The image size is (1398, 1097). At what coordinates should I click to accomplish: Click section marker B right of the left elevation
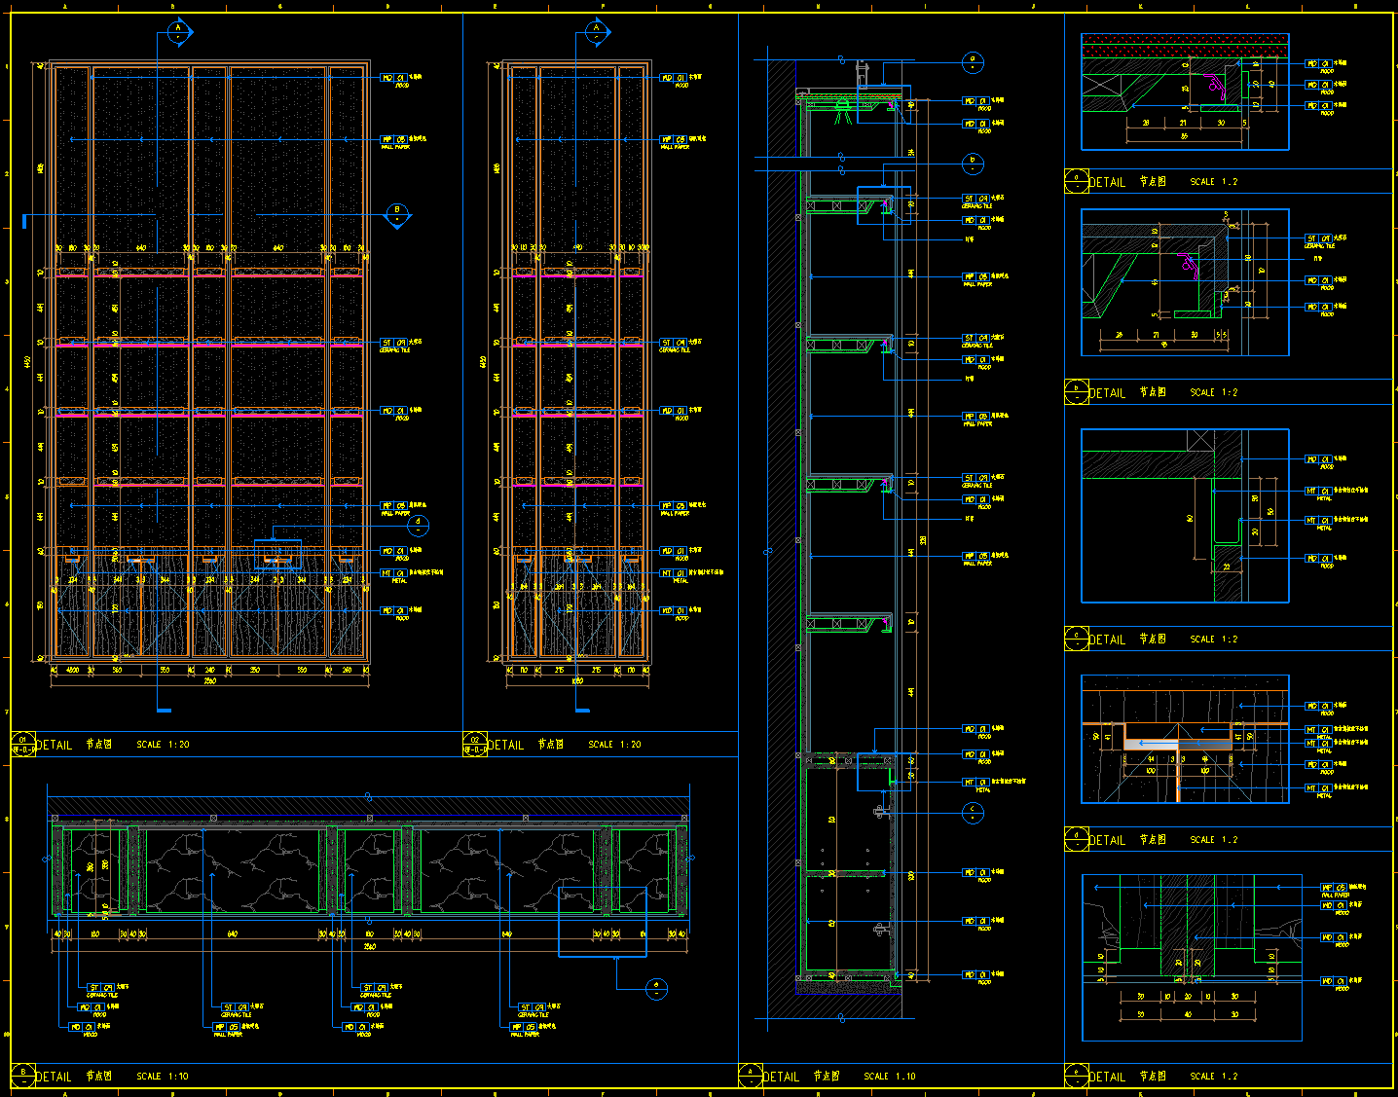[397, 214]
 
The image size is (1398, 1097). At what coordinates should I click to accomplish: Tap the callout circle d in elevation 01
[419, 526]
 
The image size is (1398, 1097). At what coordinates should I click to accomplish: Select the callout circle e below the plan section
[656, 989]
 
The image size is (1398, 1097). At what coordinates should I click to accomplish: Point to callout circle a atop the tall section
[972, 62]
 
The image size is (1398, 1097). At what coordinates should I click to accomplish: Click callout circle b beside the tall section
[972, 163]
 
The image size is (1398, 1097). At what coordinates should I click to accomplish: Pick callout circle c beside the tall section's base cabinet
[972, 812]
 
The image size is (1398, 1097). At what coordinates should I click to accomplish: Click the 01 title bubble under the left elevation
[23, 745]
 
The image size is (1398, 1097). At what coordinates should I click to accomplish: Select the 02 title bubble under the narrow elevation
[475, 745]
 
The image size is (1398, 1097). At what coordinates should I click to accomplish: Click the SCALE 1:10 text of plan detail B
[163, 1077]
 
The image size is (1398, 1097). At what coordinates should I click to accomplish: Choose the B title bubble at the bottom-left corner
[23, 1076]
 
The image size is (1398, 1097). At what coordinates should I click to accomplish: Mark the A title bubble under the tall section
[751, 1076]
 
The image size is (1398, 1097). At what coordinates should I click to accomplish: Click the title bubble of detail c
[1076, 639]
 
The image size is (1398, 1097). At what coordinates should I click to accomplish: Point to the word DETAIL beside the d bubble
[1107, 840]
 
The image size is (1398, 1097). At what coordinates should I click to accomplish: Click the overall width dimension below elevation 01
[209, 681]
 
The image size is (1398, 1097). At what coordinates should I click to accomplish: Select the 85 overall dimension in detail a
[1184, 137]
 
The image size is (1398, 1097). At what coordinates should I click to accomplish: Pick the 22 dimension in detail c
[1227, 566]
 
